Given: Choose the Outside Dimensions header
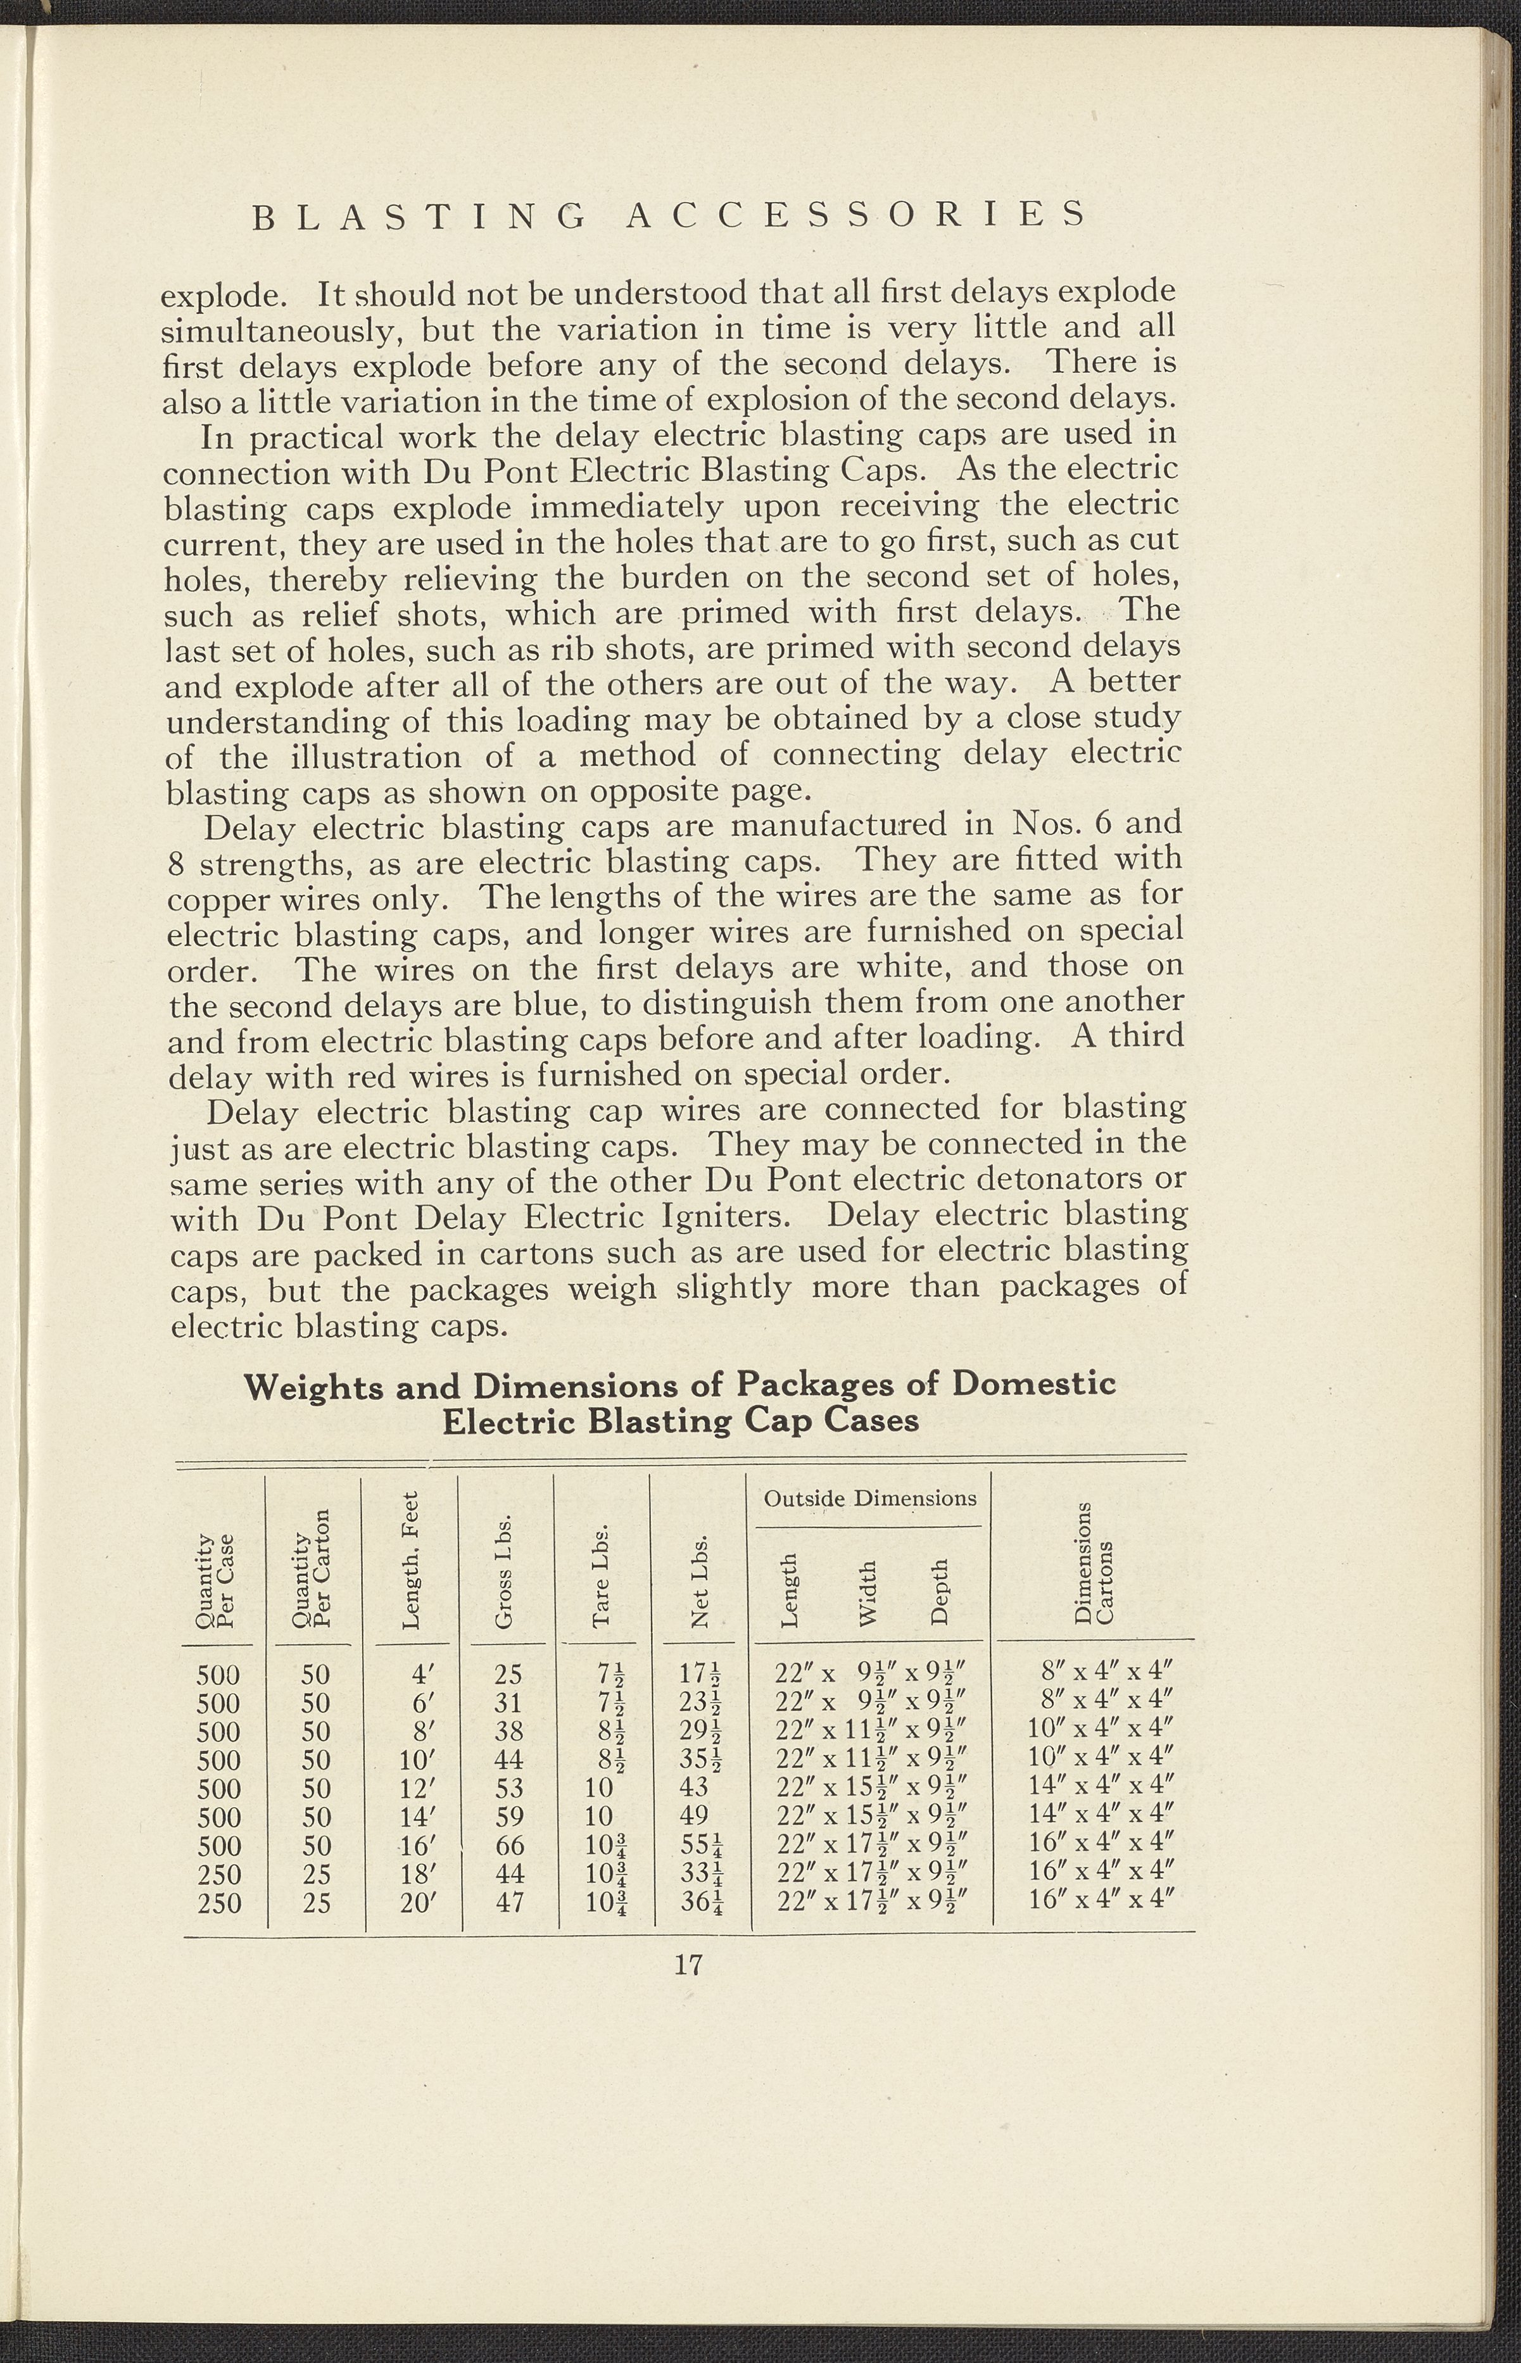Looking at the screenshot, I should (x=870, y=1498).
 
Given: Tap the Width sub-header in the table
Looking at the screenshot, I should (x=867, y=1593).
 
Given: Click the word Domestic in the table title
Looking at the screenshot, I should (x=1033, y=1384).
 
